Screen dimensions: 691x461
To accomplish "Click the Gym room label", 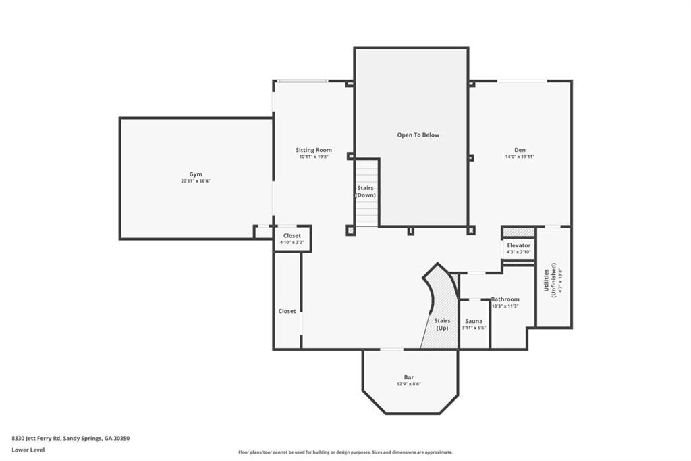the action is [196, 174].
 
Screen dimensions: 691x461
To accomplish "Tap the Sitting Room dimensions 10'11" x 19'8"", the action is [314, 157].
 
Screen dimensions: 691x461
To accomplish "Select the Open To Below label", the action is [418, 135].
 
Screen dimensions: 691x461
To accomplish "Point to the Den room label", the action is [520, 150].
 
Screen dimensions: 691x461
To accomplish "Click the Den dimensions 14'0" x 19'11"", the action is [520, 157].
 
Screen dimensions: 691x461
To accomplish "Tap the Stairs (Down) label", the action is [366, 192].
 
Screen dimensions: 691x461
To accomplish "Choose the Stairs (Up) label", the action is [442, 324].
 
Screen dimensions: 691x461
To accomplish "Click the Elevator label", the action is [519, 245].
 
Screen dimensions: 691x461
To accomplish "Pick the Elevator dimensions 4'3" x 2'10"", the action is [519, 252].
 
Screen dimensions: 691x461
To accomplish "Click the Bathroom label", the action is [505, 299].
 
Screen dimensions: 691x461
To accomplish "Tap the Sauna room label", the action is [474, 321].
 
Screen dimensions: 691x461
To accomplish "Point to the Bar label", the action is [409, 377].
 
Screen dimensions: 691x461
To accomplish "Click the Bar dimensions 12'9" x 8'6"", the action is [409, 384].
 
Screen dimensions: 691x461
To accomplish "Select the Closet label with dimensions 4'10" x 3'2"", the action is [292, 236].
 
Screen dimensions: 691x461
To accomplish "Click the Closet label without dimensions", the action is [287, 312].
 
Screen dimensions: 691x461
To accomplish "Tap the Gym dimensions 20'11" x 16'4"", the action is [196, 181].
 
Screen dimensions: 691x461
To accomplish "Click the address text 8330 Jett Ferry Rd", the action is [36, 439].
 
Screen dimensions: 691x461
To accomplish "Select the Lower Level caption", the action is [28, 450].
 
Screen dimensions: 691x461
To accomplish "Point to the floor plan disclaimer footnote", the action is [345, 452].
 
